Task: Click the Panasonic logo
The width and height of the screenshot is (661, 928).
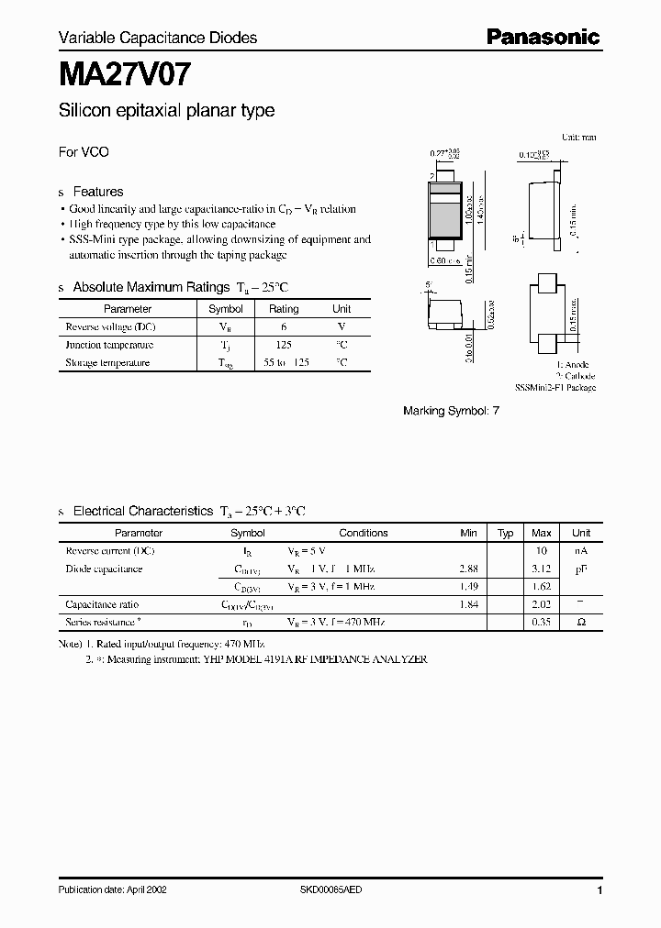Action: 543,37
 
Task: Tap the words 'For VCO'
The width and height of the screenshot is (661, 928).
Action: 84,152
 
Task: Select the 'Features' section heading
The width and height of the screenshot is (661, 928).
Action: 97,192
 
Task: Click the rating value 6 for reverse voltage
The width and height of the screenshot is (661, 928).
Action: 284,326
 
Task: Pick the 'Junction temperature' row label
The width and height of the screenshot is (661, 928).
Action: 109,345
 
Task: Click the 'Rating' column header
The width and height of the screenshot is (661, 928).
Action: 284,309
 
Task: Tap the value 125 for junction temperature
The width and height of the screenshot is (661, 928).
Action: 284,345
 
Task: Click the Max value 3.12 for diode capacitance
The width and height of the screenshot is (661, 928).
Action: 542,569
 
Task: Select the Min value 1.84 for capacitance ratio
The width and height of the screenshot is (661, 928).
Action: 468,604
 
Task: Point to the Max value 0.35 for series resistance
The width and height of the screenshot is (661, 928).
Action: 542,622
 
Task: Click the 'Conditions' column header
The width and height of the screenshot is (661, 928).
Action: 364,533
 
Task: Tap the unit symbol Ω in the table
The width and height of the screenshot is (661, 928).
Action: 581,622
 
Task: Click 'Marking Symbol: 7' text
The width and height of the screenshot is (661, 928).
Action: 452,412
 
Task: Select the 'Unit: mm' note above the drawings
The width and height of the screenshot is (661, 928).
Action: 578,137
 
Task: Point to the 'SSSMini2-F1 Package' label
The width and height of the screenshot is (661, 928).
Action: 555,388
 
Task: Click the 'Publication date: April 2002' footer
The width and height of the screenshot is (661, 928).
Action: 113,889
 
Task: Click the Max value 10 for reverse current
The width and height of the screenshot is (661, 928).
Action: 542,551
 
